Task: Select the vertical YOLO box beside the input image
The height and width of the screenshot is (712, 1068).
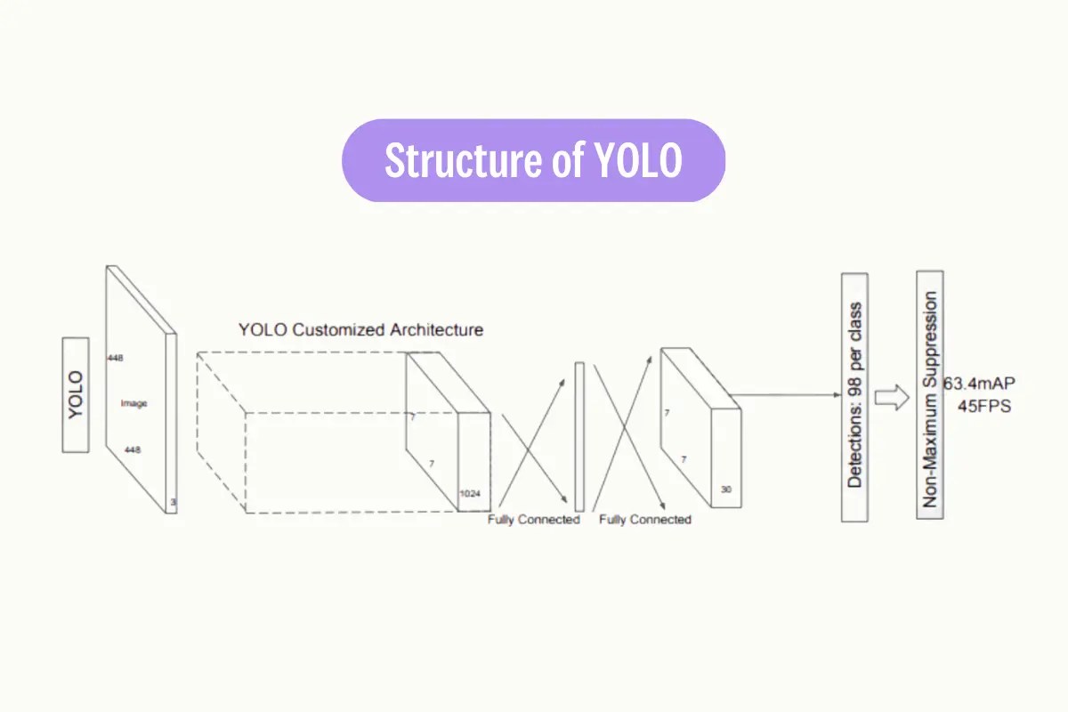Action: (x=76, y=394)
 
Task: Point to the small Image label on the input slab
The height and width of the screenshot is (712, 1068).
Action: (x=133, y=404)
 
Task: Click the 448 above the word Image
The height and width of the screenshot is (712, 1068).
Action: (x=115, y=358)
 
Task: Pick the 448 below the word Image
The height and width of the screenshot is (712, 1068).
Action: (x=133, y=450)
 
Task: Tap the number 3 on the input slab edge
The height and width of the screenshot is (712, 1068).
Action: (x=173, y=503)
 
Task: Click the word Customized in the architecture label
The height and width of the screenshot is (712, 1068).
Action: (x=340, y=330)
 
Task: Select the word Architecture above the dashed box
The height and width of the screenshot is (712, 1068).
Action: (x=436, y=330)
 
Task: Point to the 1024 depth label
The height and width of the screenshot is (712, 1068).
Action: (x=471, y=492)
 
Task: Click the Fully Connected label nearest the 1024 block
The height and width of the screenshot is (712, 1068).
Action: (x=533, y=519)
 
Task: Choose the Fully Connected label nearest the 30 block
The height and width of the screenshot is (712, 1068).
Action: (x=644, y=519)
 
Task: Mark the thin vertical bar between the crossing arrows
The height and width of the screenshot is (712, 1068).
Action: (x=579, y=435)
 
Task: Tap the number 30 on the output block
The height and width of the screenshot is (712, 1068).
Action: (x=726, y=489)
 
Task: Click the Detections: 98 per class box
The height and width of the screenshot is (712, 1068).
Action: (x=854, y=397)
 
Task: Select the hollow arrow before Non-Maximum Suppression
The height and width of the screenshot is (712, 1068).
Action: (x=891, y=397)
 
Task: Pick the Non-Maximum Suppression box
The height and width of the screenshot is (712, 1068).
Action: (x=930, y=394)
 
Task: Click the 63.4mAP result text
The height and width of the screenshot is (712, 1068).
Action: (x=980, y=384)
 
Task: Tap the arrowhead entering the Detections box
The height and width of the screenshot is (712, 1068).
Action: (x=836, y=394)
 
